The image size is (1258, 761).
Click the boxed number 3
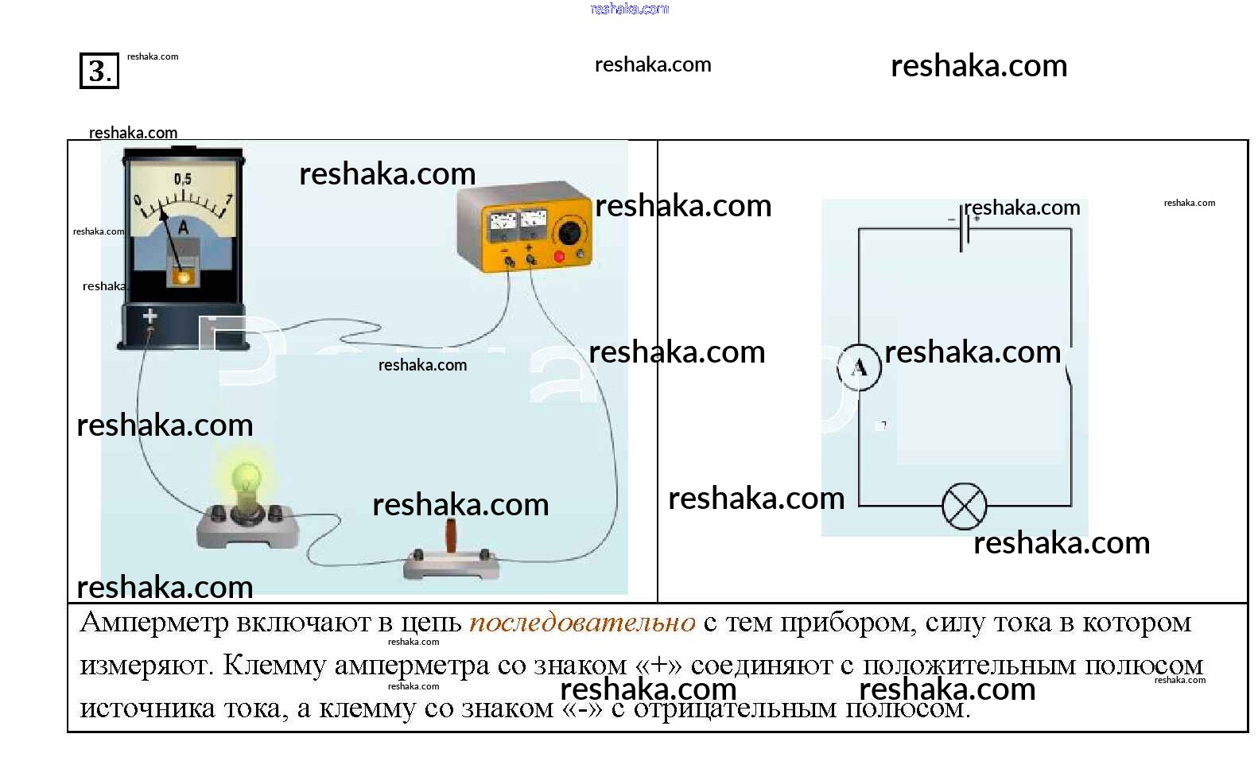click(x=99, y=71)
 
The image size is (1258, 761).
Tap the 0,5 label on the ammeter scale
click(x=183, y=179)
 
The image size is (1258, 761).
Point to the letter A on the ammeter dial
click(x=183, y=227)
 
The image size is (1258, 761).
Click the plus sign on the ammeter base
click(x=149, y=316)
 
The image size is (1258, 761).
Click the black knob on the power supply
click(x=569, y=233)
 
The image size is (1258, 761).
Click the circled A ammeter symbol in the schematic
click(x=859, y=367)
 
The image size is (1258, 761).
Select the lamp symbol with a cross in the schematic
click(x=964, y=506)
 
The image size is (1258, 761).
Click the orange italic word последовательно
click(x=582, y=623)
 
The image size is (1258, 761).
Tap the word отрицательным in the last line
click(x=735, y=708)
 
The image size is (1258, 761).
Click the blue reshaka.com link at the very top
click(x=629, y=9)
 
